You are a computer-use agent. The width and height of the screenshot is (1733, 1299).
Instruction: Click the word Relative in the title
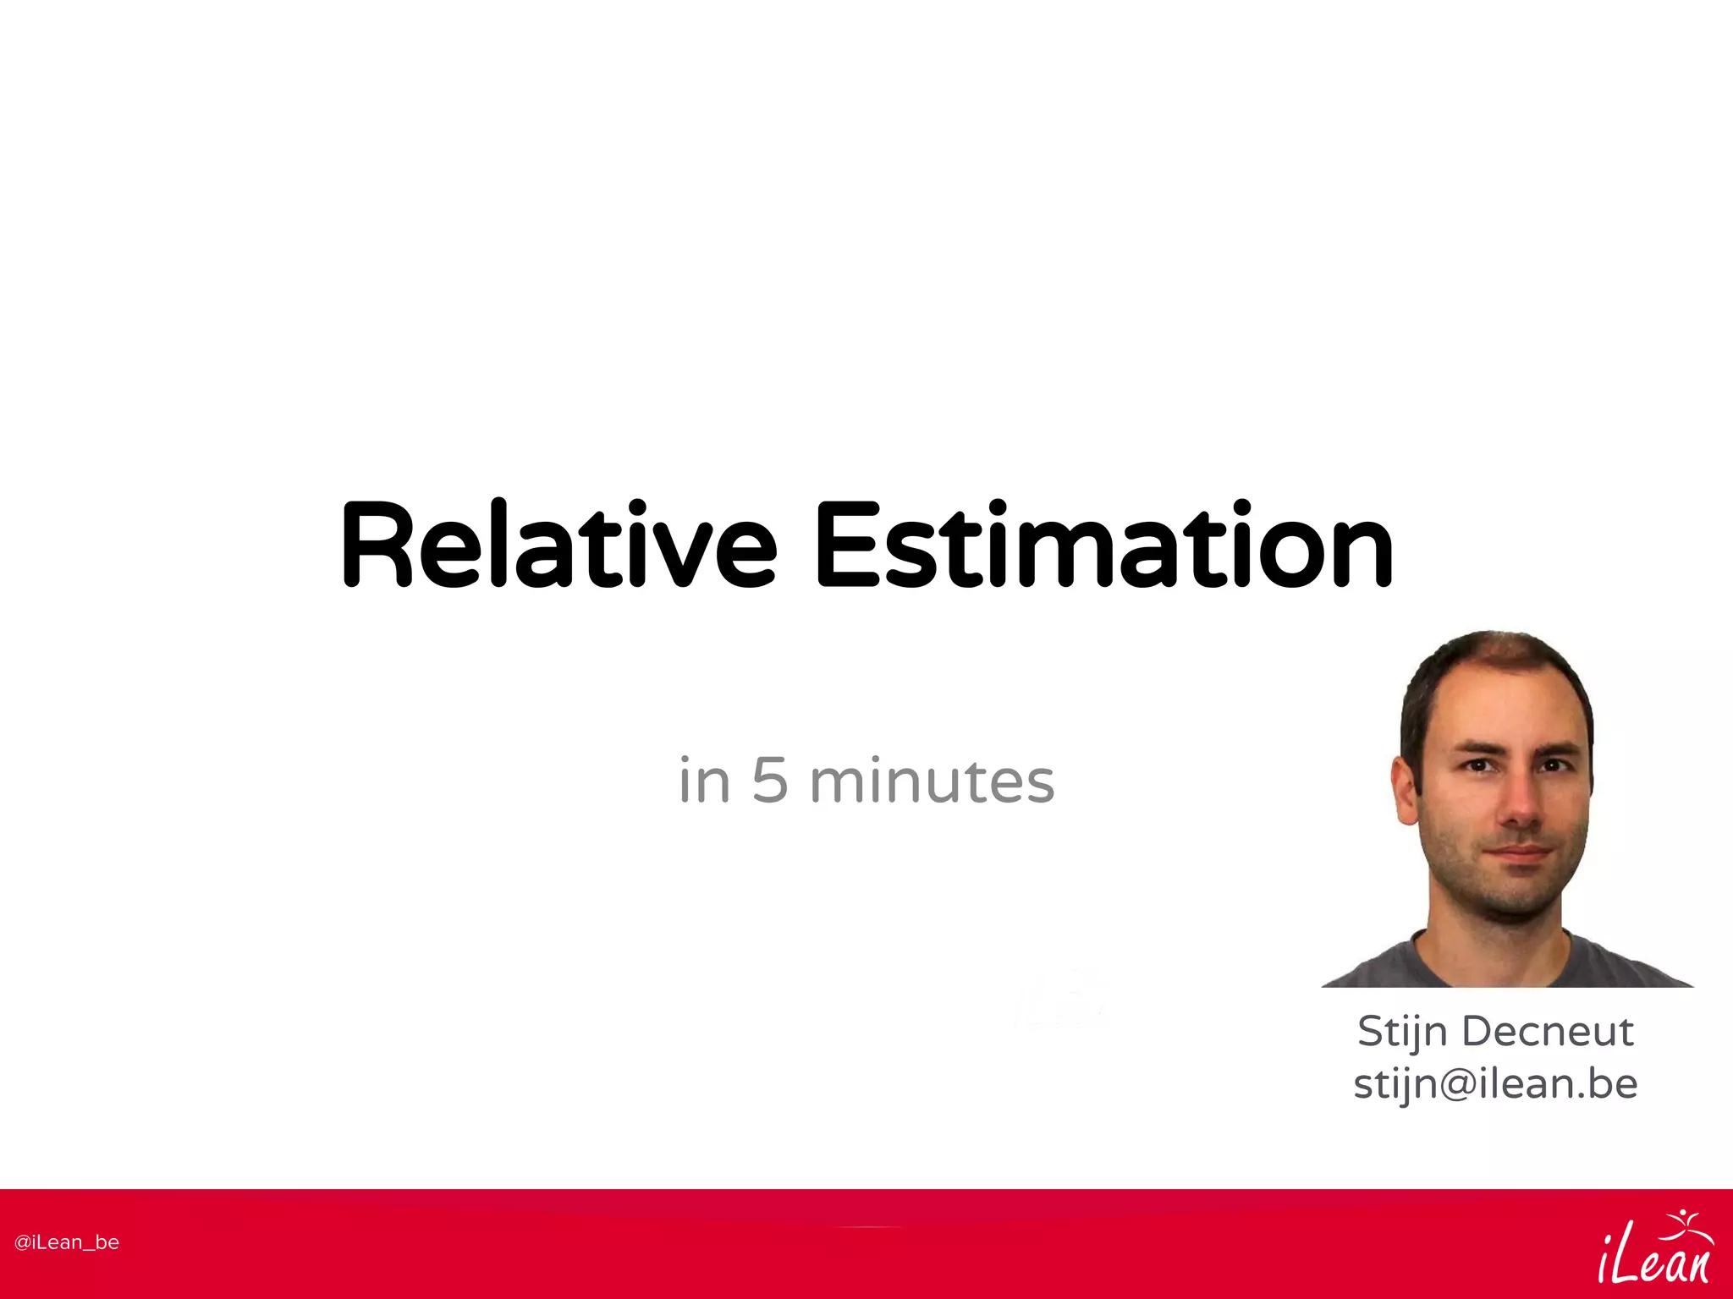click(558, 545)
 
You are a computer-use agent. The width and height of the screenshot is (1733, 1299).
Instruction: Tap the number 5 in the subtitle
click(769, 781)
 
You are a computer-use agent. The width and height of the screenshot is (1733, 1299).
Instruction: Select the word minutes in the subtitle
click(932, 781)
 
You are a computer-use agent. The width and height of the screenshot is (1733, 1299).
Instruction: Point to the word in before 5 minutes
click(704, 781)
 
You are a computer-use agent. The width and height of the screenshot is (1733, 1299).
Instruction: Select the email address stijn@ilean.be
click(1495, 1084)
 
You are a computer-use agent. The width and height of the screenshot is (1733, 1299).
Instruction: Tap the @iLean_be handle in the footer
click(67, 1242)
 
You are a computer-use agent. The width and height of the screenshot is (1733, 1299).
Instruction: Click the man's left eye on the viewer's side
click(1478, 765)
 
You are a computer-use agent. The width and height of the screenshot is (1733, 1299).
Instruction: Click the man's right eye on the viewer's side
click(1556, 765)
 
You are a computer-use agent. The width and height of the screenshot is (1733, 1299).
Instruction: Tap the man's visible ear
click(1406, 791)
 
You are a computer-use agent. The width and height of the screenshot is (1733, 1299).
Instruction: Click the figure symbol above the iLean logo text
click(1684, 1226)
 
